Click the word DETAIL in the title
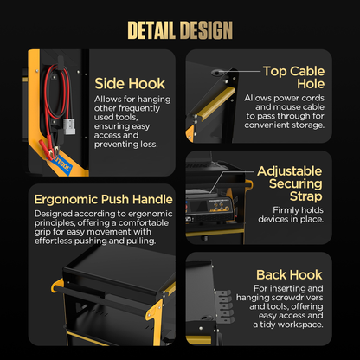click(151, 30)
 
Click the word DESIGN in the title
click(206, 30)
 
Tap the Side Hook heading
click(130, 84)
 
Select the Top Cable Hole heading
click(293, 77)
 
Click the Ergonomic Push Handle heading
click(103, 200)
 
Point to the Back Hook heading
click(289, 274)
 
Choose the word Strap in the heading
click(305, 196)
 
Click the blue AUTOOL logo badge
click(61, 165)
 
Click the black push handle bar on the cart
click(100, 300)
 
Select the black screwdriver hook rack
click(224, 306)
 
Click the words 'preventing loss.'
click(126, 145)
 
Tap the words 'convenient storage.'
click(285, 125)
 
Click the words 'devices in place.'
click(291, 219)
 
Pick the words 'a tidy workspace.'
click(288, 325)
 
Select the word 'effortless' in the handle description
click(54, 241)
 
